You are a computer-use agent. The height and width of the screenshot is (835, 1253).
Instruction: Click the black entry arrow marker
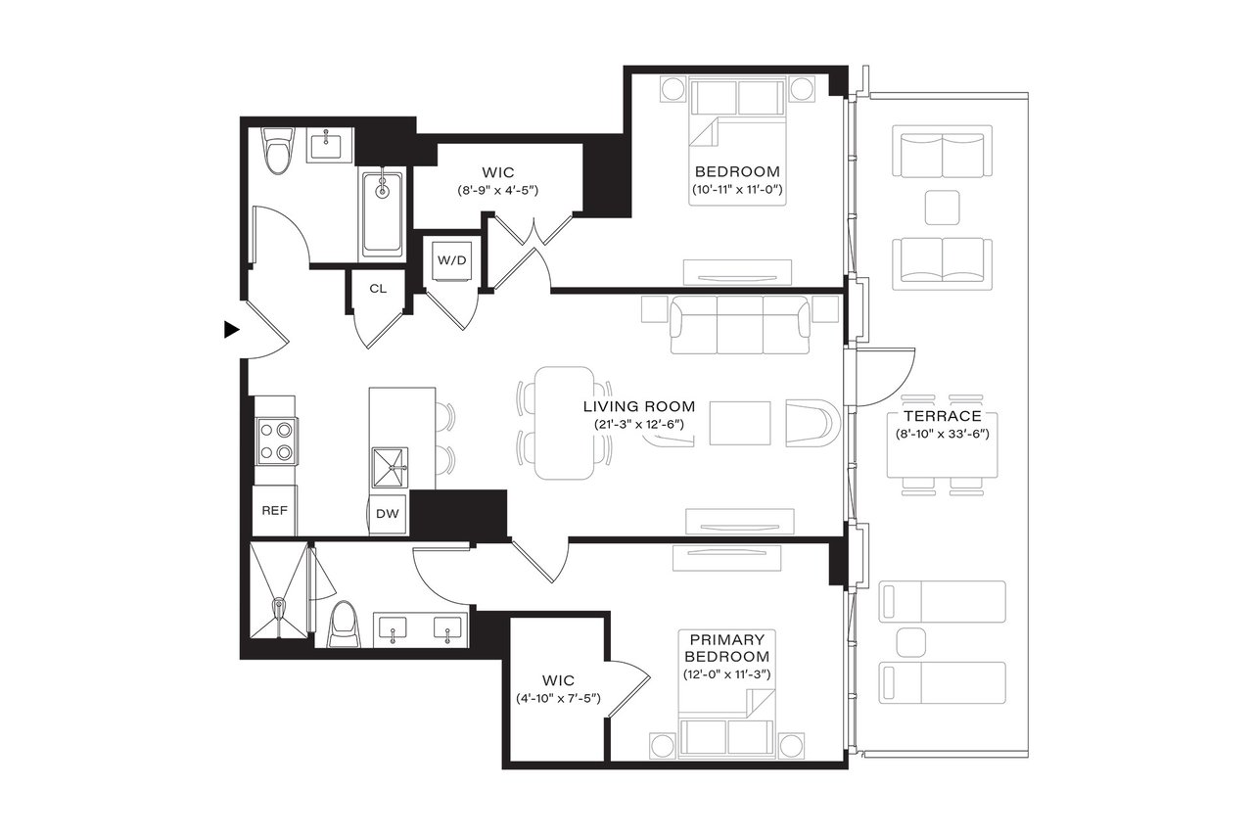pos(231,330)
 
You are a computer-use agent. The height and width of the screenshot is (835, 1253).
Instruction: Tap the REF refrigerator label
pos(273,511)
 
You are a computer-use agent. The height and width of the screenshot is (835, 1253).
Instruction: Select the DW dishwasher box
pos(387,513)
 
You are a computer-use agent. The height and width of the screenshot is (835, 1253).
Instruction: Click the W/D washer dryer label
pos(451,261)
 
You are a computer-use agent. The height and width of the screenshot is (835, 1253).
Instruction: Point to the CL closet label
pos(378,289)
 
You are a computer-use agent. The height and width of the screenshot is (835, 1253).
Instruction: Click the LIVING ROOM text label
pos(638,406)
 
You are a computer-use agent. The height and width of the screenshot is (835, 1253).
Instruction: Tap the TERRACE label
pos(942,415)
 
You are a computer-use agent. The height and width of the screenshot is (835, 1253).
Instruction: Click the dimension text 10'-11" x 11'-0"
pos(737,188)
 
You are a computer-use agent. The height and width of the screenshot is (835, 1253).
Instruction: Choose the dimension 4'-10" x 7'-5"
pos(558,699)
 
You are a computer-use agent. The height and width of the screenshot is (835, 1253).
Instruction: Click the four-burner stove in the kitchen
pos(277,440)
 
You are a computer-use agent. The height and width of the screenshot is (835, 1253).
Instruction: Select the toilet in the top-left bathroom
pos(279,153)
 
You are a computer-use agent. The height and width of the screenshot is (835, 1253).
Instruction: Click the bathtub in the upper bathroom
pos(382,212)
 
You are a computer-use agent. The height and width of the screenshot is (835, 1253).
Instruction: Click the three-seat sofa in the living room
pos(740,327)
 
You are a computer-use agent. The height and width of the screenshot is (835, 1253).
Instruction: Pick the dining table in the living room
pos(564,423)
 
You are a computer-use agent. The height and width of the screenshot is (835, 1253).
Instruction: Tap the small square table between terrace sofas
pos(943,208)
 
